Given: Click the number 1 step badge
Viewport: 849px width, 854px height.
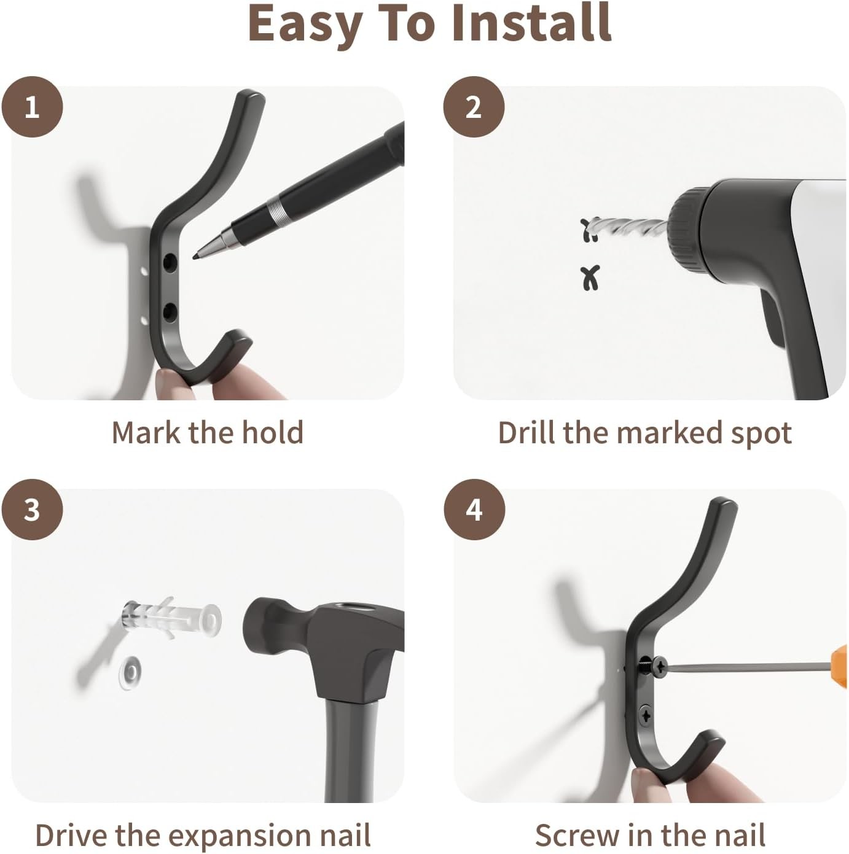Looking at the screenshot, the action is click(x=32, y=107).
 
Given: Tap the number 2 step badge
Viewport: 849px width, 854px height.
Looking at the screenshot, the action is click(x=474, y=107).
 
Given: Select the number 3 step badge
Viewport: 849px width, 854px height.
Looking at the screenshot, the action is click(x=32, y=510).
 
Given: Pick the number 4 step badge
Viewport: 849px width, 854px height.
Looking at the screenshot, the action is click(x=474, y=510).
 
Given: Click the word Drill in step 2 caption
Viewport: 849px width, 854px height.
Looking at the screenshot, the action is click(x=527, y=433).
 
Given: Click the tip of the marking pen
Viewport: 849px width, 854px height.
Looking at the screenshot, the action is click(x=194, y=257).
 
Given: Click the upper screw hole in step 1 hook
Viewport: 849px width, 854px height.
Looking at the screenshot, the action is click(x=170, y=262).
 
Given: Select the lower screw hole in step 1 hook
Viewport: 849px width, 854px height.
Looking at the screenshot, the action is click(x=170, y=312).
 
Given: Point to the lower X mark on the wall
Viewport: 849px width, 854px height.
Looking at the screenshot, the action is click(x=590, y=278).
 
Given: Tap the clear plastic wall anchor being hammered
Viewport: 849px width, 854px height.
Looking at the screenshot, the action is click(x=171, y=616).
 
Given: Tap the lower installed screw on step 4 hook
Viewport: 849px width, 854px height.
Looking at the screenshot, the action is click(x=645, y=715).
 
